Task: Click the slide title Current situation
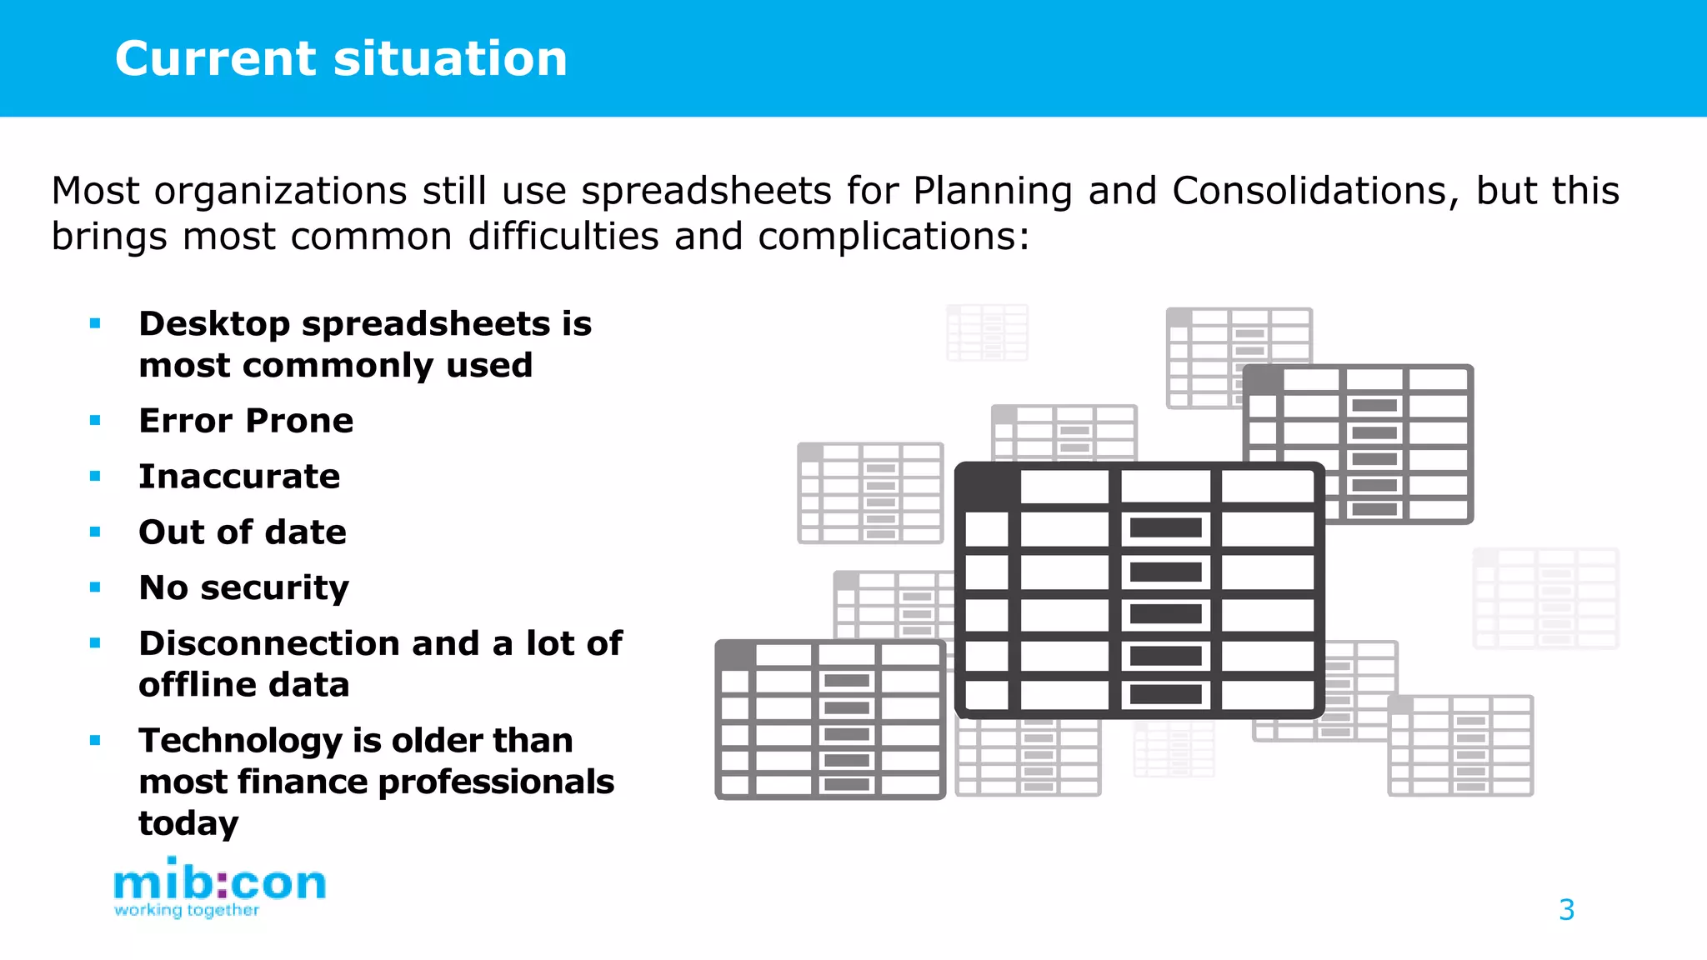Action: click(341, 59)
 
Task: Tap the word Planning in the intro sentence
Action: click(992, 192)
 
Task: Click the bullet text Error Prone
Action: click(246, 421)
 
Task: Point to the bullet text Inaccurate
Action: click(239, 477)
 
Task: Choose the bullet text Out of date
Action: click(243, 532)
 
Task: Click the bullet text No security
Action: click(243, 588)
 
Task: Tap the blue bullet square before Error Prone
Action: click(95, 421)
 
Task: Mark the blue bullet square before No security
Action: click(95, 587)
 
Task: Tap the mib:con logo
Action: click(219, 882)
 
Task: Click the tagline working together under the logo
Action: click(187, 910)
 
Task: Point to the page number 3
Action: click(1566, 910)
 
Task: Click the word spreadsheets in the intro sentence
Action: click(706, 192)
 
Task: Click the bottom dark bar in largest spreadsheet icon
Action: click(1165, 694)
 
